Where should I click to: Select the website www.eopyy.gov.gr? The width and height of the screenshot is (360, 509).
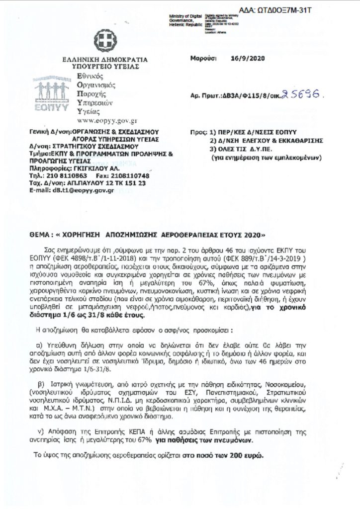click(x=107, y=120)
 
